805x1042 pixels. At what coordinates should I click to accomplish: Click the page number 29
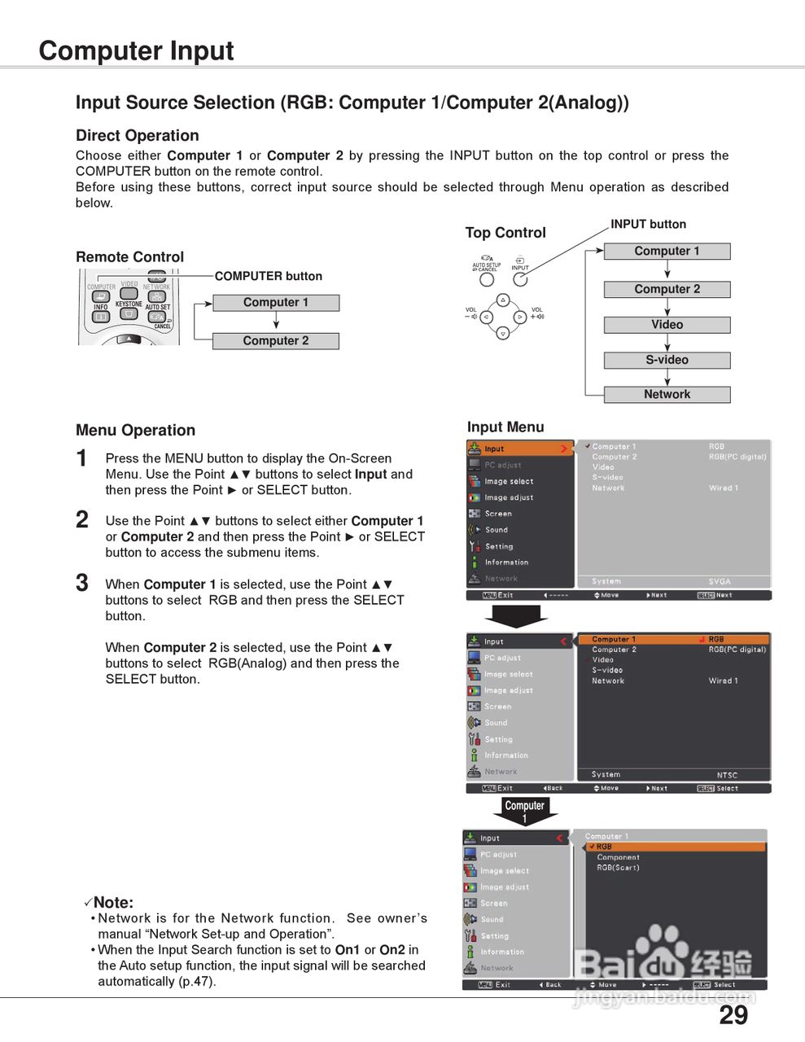coord(733,1015)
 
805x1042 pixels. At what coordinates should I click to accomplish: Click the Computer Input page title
coord(136,50)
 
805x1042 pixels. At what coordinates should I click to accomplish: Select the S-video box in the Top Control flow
coord(667,360)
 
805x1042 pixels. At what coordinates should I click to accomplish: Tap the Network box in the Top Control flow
coord(667,395)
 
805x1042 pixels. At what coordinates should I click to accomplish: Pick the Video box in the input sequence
coord(667,325)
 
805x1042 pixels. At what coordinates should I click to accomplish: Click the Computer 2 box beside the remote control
coord(275,341)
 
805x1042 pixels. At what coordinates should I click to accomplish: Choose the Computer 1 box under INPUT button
coord(667,252)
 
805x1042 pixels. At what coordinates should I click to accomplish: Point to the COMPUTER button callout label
coord(269,276)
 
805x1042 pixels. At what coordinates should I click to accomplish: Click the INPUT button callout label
coord(648,224)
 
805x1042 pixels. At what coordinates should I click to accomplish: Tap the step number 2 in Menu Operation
coord(82,520)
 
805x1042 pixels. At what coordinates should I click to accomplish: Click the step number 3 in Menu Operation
coord(82,583)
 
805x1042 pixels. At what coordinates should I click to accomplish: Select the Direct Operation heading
coord(137,136)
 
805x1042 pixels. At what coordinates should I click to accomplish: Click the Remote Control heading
coord(129,257)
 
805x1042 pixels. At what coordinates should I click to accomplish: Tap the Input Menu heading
coord(505,427)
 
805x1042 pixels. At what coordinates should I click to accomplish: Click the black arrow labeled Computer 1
coord(525,811)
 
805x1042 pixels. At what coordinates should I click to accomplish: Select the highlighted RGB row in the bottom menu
coord(676,847)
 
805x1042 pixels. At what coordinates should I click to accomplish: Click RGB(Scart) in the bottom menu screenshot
coord(618,868)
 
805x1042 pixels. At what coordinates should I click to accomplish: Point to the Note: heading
coord(113,902)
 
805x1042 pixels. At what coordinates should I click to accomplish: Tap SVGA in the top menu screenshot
coord(720,581)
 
